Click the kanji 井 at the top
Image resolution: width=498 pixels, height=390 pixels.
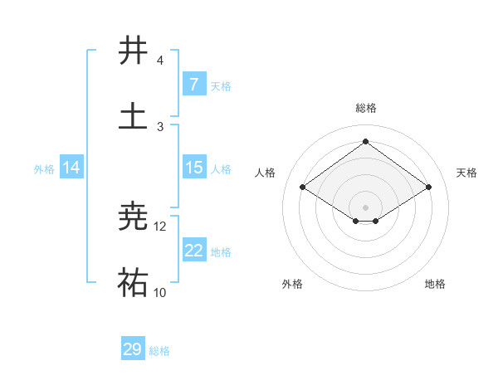134,51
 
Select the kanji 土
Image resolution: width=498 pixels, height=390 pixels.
134,115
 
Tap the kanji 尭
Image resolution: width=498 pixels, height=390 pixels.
134,217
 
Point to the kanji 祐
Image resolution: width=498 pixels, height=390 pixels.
134,283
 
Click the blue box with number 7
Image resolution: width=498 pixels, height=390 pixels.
193,85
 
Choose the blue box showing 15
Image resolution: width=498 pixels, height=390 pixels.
193,168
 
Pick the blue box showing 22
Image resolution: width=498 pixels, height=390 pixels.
193,251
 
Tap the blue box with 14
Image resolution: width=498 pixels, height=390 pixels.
71,168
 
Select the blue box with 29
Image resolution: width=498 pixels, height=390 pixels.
133,349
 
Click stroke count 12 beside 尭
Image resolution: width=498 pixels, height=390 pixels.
160,226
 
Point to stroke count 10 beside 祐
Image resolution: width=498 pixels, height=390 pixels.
160,292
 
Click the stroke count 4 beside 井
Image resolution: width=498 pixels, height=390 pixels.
160,61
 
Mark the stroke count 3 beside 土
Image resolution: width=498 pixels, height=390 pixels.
160,126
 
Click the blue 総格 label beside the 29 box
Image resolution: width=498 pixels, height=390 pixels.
159,351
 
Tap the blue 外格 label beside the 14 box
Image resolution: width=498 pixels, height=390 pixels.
44,168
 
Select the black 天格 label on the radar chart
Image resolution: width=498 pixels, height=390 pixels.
467,173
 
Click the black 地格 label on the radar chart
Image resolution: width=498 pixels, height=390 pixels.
435,284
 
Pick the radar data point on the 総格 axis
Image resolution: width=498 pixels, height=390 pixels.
365,141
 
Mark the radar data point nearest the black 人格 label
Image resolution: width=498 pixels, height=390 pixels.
303,188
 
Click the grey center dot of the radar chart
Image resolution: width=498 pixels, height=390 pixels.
365,207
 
